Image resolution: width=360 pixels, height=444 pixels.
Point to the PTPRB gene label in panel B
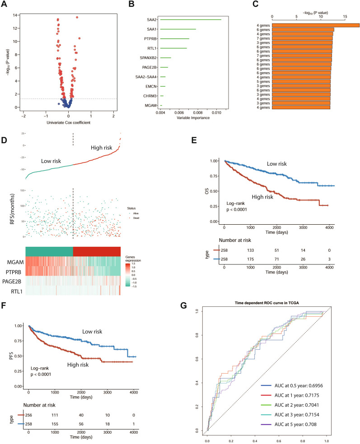[x=151, y=39]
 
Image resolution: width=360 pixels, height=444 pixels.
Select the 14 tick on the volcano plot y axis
[x=15, y=15]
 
